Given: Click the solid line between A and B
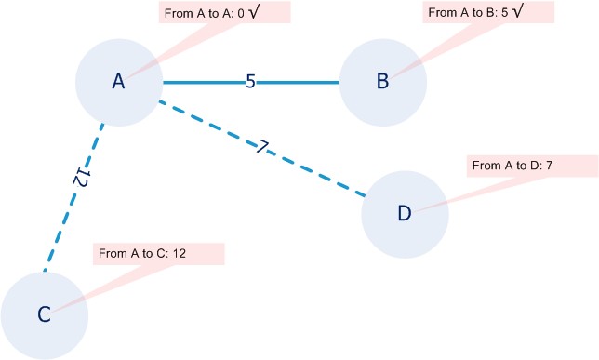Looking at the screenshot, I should point(298,82).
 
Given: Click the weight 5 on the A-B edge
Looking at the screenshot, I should point(250,82).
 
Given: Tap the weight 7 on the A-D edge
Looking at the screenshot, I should point(264,146).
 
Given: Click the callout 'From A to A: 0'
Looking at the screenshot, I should point(212,13).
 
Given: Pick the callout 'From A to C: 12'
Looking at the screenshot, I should point(159,253).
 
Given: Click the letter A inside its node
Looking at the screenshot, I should point(118,82).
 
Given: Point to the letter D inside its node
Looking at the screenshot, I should point(404,214).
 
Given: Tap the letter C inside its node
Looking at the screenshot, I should point(44,314).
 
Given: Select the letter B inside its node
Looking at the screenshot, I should point(382,82).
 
